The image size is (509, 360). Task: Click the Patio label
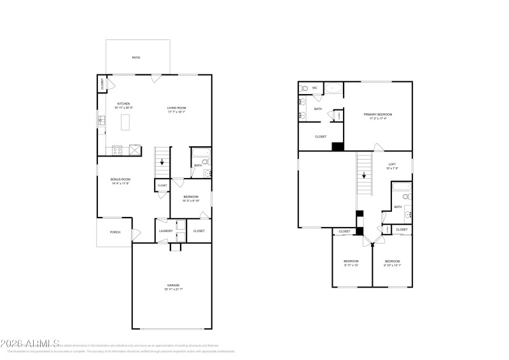136,58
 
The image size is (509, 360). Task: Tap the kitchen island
124,120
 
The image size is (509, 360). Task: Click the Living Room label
177,108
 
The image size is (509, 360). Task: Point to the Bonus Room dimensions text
121,184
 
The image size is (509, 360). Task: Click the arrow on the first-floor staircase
162,162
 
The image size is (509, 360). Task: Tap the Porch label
115,232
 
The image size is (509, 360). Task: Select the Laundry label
166,231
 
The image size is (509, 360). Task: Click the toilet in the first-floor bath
206,163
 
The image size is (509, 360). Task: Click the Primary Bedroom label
378,114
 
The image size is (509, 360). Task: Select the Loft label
392,164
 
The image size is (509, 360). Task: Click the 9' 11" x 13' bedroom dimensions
351,265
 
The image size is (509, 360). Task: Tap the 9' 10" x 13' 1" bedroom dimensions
391,265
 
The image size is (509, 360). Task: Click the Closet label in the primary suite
321,136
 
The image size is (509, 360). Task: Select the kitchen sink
102,121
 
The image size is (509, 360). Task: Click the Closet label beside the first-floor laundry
199,231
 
